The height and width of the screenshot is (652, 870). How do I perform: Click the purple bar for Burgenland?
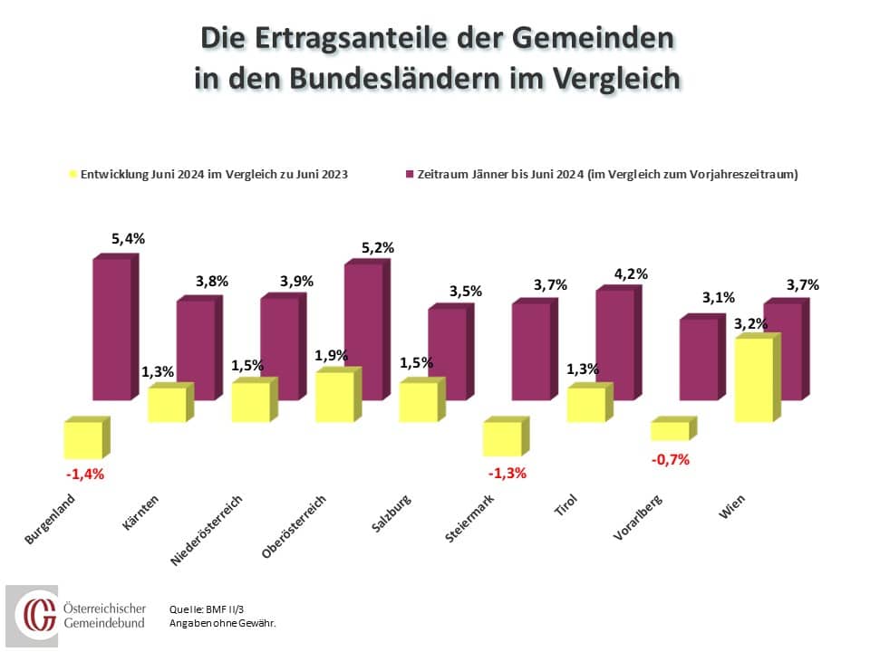click(x=111, y=329)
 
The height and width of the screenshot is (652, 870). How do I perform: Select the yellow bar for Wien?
click(x=753, y=379)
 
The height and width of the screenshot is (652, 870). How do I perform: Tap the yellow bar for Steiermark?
click(x=501, y=439)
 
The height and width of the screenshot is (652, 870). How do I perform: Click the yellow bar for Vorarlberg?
click(x=670, y=431)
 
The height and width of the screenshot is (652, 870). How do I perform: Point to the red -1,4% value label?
click(x=85, y=474)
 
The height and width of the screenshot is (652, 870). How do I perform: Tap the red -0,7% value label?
click(x=671, y=459)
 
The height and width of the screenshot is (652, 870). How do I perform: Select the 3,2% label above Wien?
click(x=750, y=323)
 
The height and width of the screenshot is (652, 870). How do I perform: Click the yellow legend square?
click(x=73, y=174)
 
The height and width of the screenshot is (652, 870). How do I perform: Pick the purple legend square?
click(x=410, y=174)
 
